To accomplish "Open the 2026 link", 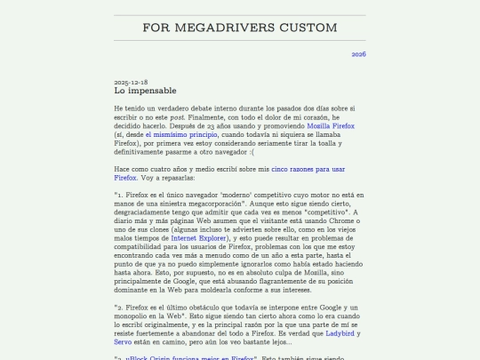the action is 358,54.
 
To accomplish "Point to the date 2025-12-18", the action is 131,82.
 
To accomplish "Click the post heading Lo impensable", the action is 145,91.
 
